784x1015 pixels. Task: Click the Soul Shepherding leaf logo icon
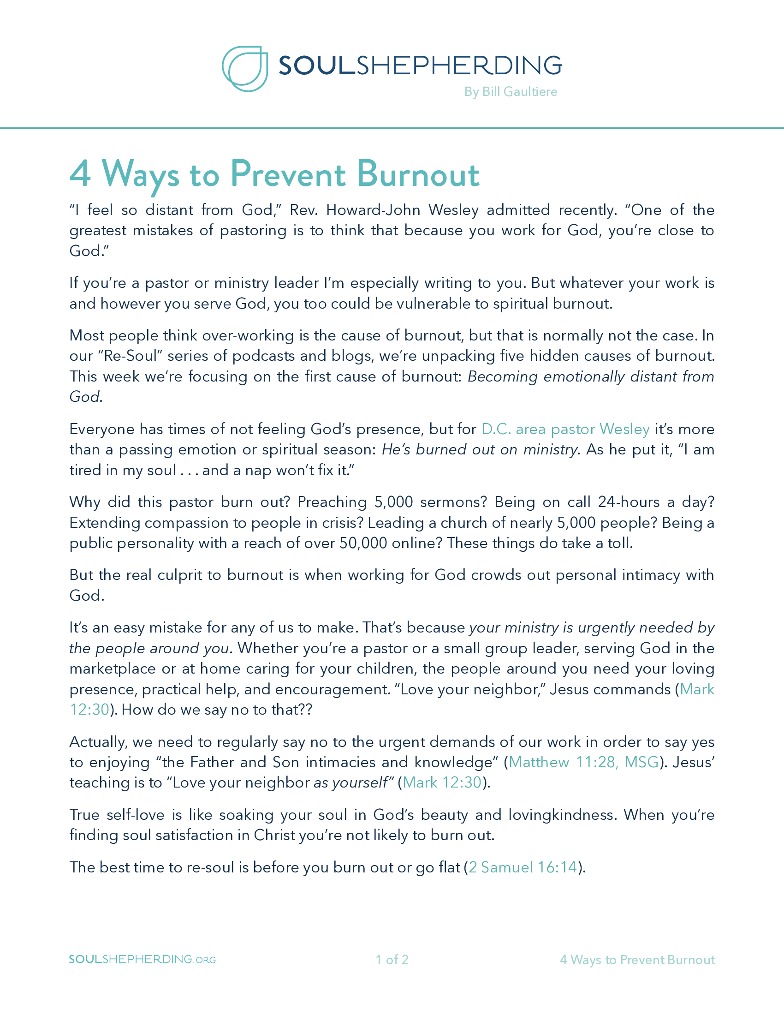(245, 68)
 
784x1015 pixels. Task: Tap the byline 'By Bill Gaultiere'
(511, 91)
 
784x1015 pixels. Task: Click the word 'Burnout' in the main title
(418, 174)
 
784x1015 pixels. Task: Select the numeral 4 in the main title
(80, 174)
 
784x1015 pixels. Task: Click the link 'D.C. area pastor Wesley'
(565, 429)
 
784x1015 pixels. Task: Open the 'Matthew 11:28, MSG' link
(584, 762)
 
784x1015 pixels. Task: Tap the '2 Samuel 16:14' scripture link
(523, 867)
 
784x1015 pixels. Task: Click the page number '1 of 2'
(392, 960)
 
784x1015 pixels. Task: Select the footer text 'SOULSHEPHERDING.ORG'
(143, 959)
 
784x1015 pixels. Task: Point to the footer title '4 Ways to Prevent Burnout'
(637, 960)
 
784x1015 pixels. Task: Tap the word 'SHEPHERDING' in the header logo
(459, 65)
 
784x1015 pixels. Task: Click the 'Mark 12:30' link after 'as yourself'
(442, 782)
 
